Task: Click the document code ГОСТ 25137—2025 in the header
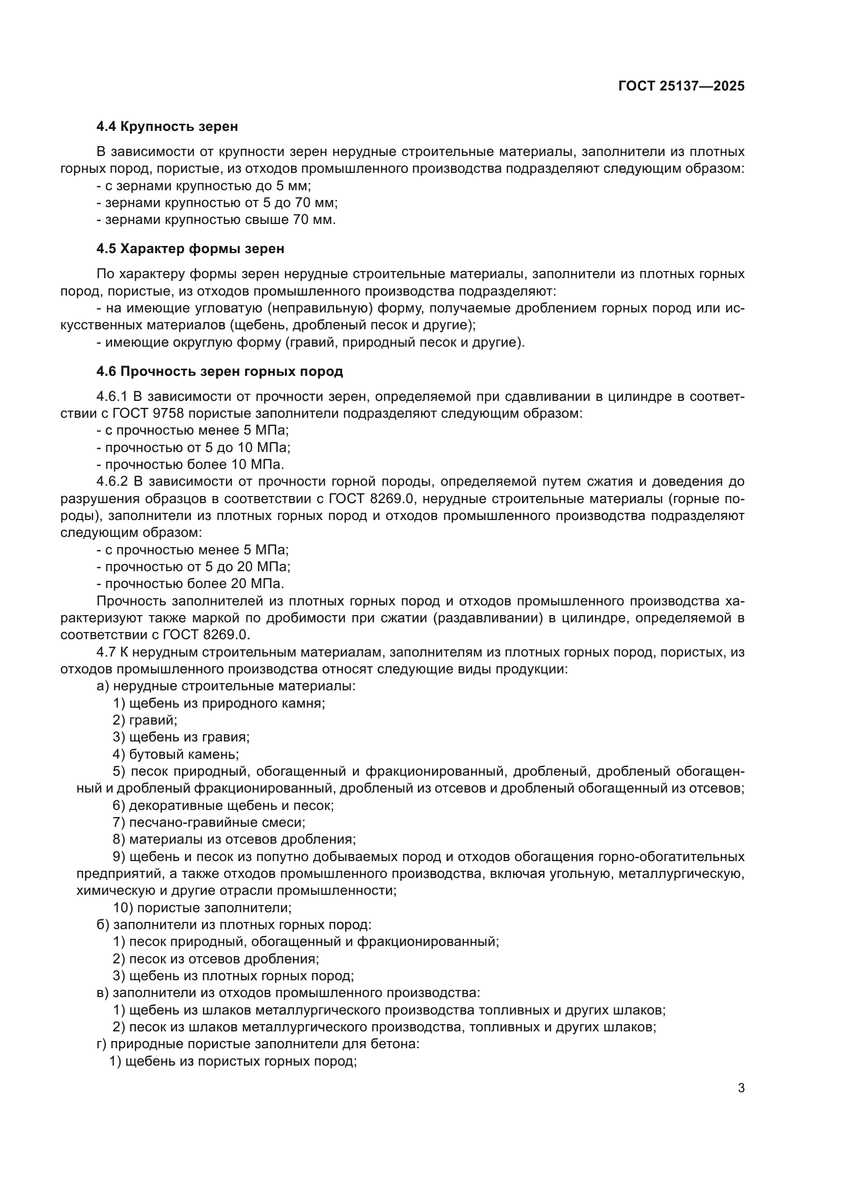(681, 86)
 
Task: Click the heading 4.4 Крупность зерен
(167, 126)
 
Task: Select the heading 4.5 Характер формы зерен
(190, 249)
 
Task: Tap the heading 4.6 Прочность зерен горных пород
(219, 371)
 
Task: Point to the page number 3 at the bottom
(741, 1088)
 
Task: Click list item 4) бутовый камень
(175, 754)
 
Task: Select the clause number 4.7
(106, 652)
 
